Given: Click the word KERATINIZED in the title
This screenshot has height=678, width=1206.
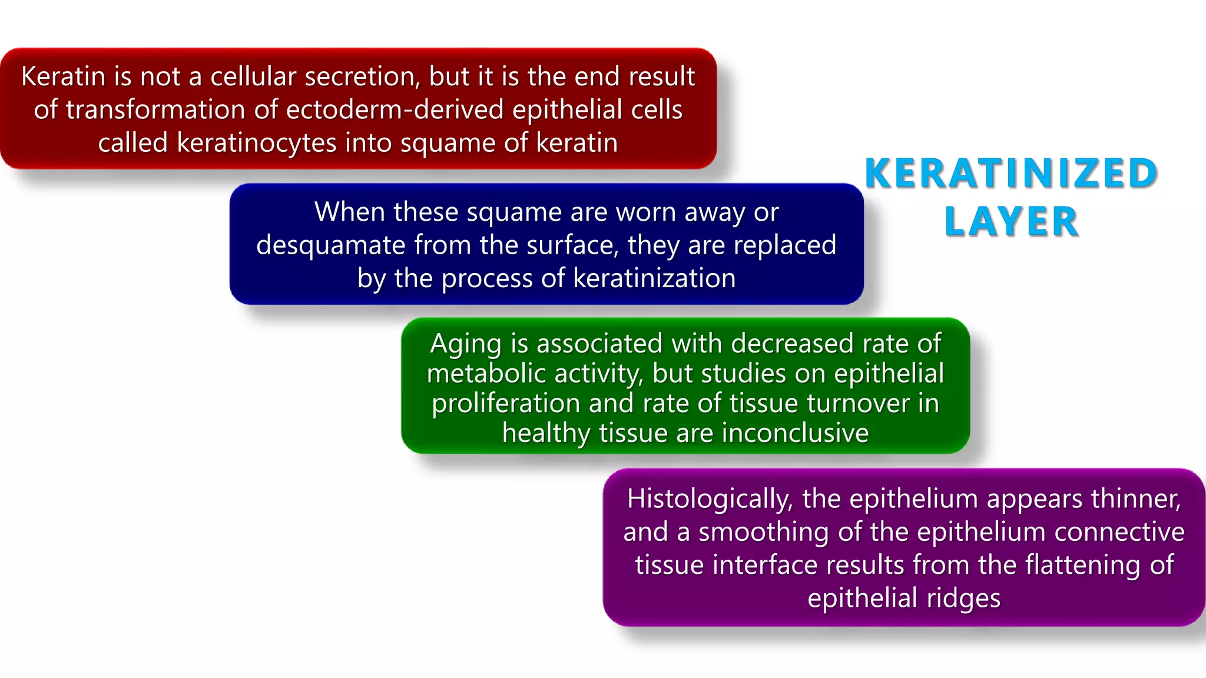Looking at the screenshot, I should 1011,174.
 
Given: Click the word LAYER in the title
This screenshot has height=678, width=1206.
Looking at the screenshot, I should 1011,222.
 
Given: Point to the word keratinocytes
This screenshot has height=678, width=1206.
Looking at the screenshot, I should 256,143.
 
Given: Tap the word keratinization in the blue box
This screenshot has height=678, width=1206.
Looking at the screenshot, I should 654,278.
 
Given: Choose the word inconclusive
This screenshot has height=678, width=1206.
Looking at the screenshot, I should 795,433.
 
